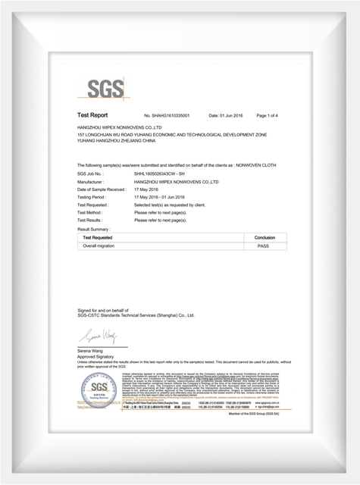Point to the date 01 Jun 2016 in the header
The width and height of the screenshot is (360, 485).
[225, 115]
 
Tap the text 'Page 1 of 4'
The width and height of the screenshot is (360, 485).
[268, 115]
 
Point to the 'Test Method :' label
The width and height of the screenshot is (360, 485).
[92, 213]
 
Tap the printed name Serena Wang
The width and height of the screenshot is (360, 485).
[93, 350]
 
